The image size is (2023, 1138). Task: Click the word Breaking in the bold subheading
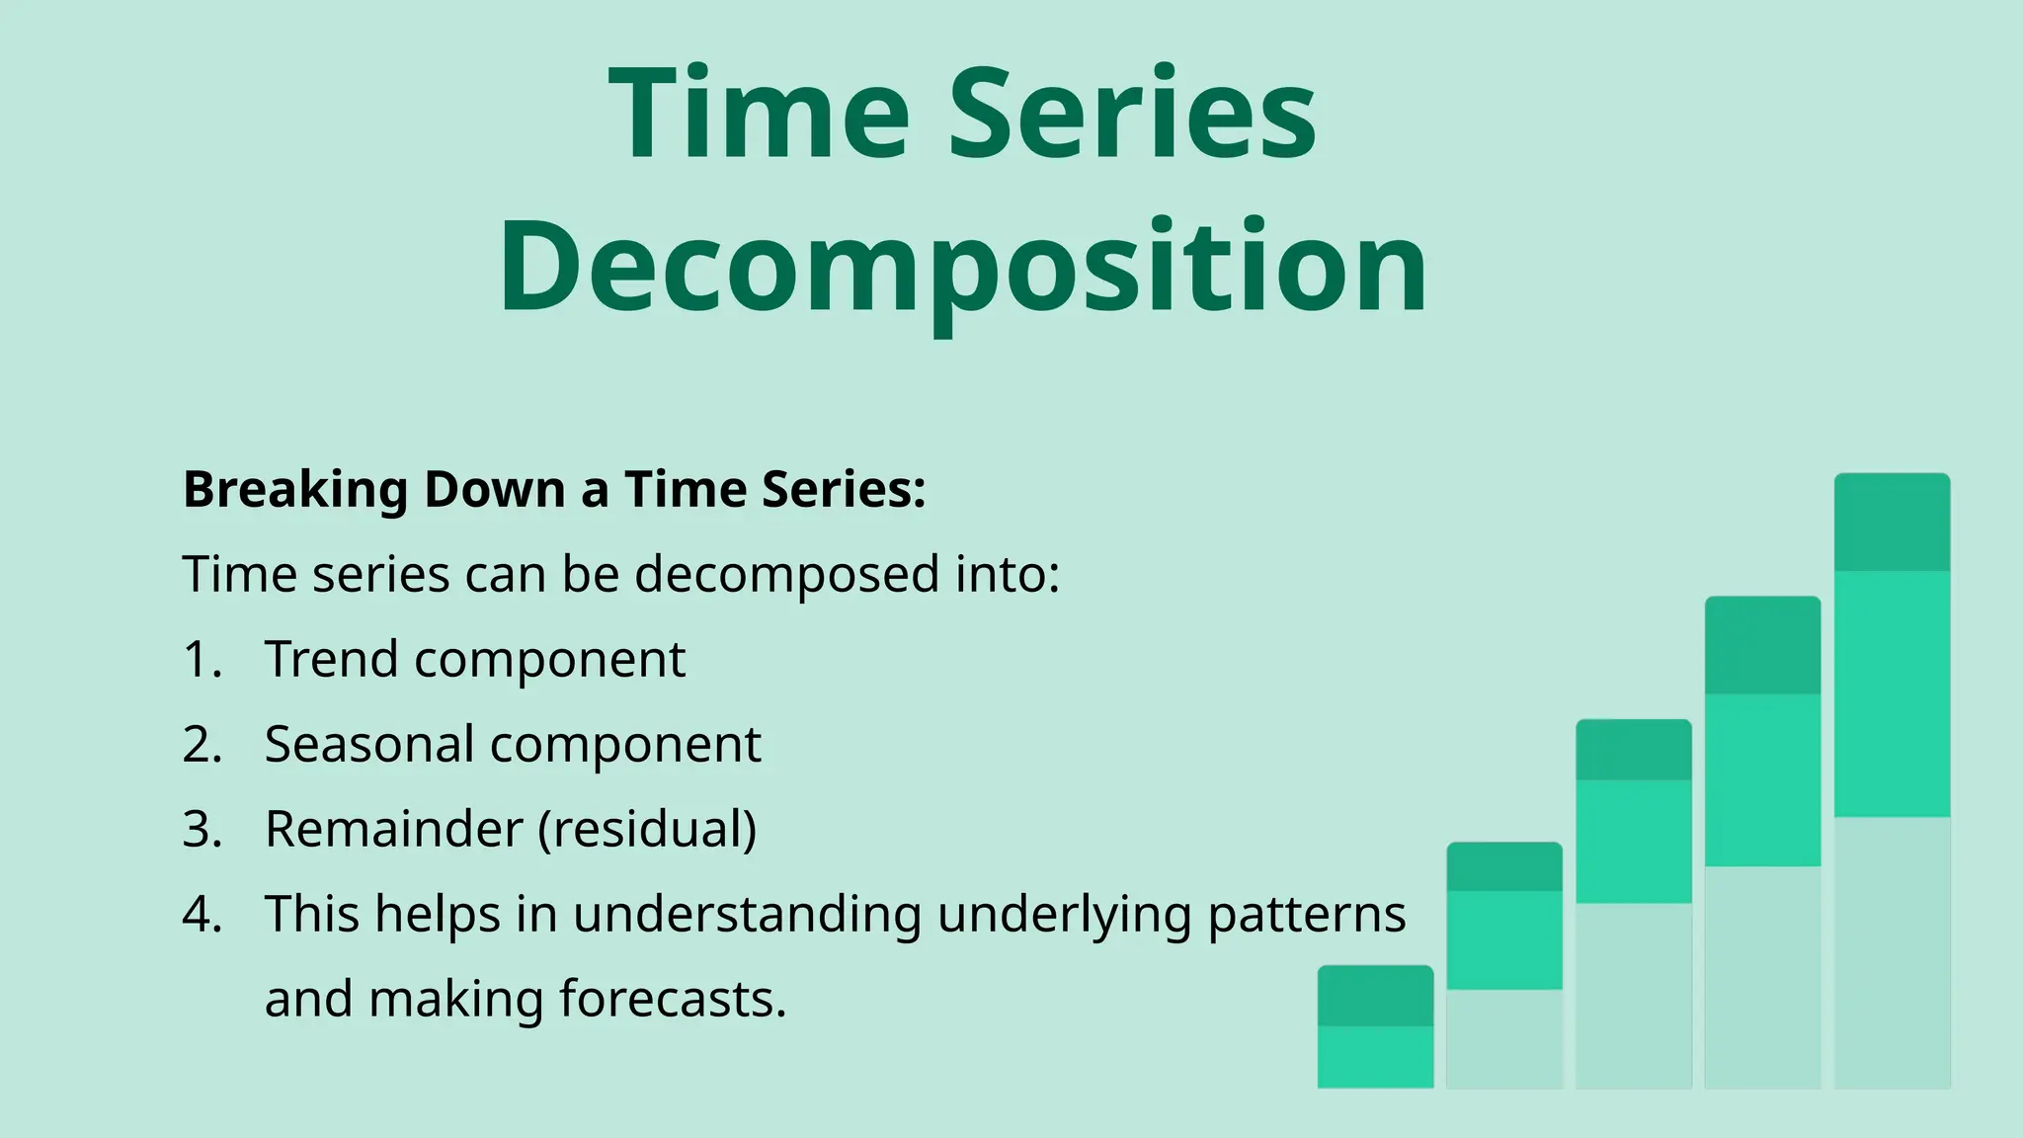pyautogui.click(x=295, y=490)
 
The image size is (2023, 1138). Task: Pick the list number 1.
pyautogui.click(x=201, y=660)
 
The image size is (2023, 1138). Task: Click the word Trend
pyautogui.click(x=331, y=660)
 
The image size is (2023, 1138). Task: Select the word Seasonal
pyautogui.click(x=369, y=745)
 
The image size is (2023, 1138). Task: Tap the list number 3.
pyautogui.click(x=201, y=830)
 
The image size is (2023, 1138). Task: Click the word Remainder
pyautogui.click(x=393, y=830)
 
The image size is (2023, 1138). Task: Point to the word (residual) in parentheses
pyautogui.click(x=647, y=830)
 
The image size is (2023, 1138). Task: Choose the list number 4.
pyautogui.click(x=202, y=915)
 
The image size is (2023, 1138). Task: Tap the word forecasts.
pyautogui.click(x=673, y=1000)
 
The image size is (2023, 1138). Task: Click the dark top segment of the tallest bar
pyautogui.click(x=1892, y=523)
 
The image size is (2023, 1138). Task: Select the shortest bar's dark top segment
pyautogui.click(x=1375, y=996)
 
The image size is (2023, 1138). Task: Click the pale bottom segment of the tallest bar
pyautogui.click(x=1892, y=952)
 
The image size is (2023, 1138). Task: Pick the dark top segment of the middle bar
pyautogui.click(x=1633, y=750)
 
